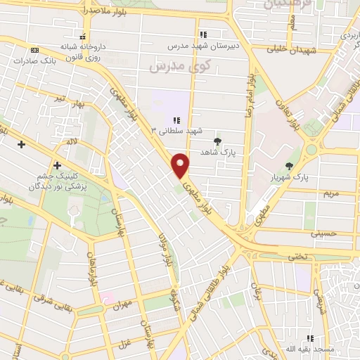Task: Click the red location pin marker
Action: click(x=181, y=165)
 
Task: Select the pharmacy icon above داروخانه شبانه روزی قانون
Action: click(x=84, y=37)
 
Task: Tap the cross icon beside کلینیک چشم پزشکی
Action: click(x=57, y=166)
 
